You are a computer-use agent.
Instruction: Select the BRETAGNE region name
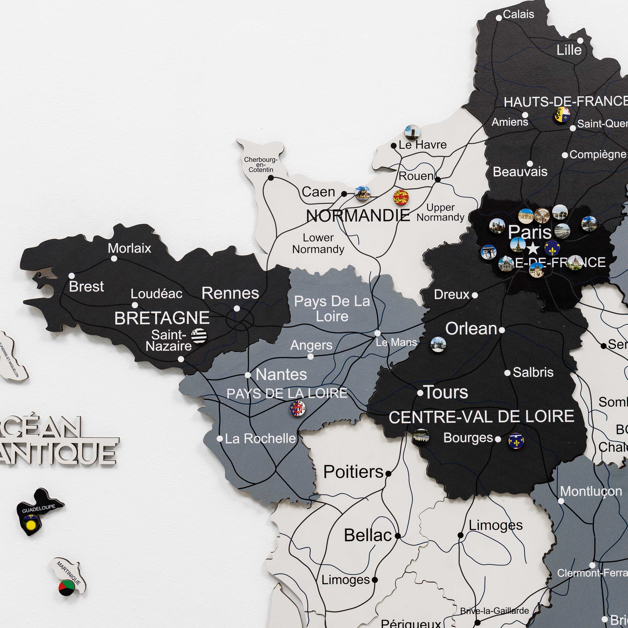(x=162, y=318)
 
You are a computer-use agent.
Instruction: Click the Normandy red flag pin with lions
(x=401, y=197)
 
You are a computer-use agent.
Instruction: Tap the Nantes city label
(x=281, y=374)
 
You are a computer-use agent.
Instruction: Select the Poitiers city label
(x=353, y=472)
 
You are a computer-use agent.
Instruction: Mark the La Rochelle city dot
(x=220, y=439)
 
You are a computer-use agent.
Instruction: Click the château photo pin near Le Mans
(x=438, y=345)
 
